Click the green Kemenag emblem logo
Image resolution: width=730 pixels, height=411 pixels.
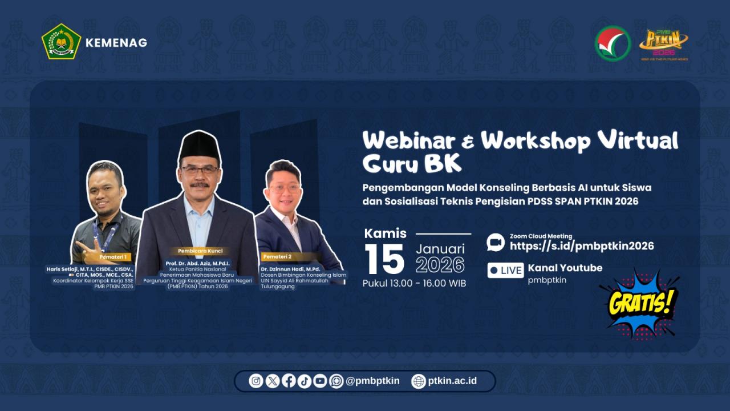coord(61,42)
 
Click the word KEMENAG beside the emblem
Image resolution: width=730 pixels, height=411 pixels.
coord(116,43)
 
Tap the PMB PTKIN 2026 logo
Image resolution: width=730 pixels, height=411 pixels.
coord(663,43)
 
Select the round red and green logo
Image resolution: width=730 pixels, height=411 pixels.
coord(613,43)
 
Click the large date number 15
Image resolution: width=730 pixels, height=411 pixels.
coord(384,260)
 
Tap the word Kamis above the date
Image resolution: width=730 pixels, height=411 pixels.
coord(386,233)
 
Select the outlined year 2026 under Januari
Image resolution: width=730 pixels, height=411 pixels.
coord(440,265)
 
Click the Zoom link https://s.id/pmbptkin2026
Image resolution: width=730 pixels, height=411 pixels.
coord(582,246)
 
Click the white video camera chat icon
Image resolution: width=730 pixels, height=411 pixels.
coord(496,242)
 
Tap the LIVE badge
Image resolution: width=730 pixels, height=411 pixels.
coord(505,271)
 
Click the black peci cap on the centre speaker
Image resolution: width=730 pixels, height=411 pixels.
coord(200,147)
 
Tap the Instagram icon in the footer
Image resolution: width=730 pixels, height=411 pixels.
coord(256,381)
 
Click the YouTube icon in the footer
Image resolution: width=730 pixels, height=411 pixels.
coord(320,381)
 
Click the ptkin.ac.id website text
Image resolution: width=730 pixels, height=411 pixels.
coord(452,381)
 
